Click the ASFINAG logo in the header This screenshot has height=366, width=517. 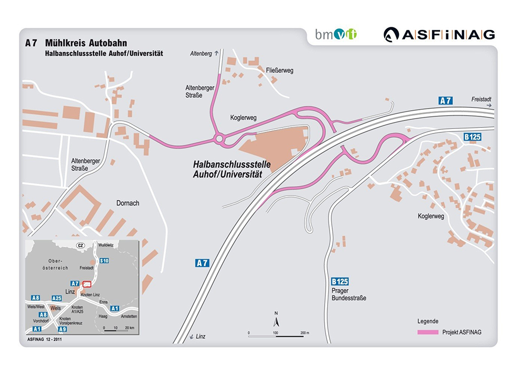[439, 35]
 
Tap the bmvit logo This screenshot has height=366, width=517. [336, 34]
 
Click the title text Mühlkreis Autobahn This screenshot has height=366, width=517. [86, 43]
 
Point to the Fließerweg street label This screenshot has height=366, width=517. [280, 70]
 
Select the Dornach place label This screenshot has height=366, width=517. [128, 203]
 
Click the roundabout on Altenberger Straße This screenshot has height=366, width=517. [220, 139]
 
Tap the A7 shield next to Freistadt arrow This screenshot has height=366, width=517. [445, 101]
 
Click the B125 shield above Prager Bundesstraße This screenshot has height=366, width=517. [340, 282]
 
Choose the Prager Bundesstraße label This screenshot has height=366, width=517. [349, 294]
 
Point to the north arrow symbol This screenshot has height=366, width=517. [276, 319]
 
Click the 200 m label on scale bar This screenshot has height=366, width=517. [304, 333]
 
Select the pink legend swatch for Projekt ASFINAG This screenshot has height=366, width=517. [428, 332]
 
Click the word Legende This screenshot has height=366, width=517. [428, 321]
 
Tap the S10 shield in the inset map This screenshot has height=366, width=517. [104, 261]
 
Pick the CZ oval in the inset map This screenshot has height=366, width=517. [80, 245]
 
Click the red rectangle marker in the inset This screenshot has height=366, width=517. [87, 284]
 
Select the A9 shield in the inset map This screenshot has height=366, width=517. [62, 329]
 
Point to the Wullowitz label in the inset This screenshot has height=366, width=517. [106, 245]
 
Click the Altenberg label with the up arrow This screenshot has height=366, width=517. [204, 53]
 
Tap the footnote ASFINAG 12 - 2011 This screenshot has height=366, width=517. [44, 339]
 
